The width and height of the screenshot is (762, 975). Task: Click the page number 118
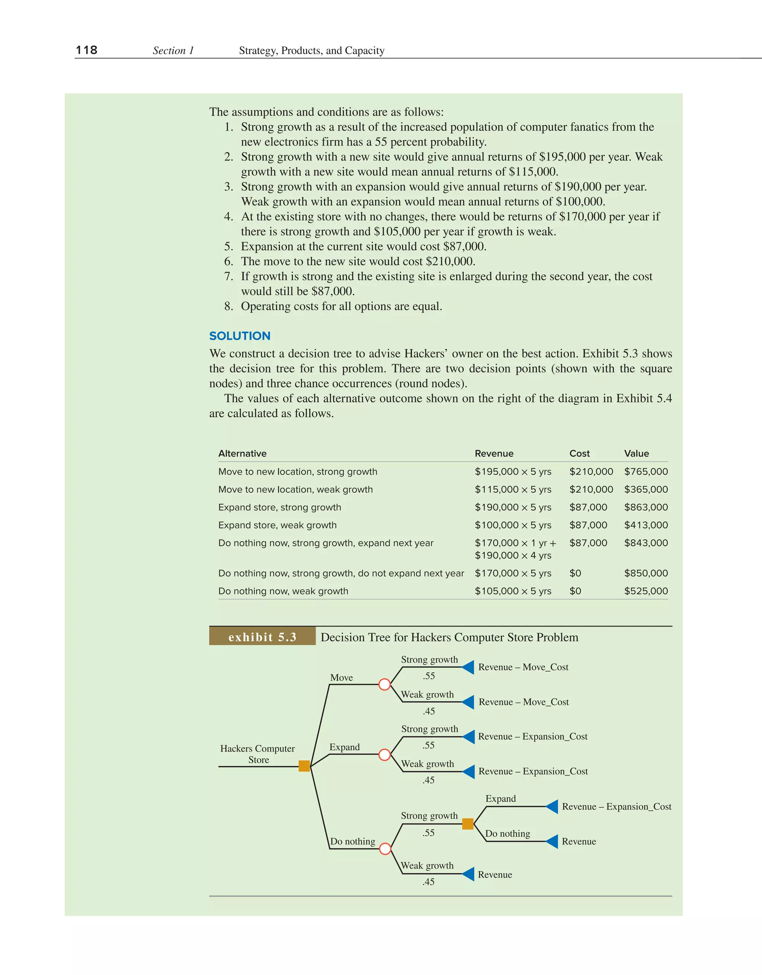(x=87, y=50)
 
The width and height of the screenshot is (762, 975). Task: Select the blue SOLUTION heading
(x=240, y=336)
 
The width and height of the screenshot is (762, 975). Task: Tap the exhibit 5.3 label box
(x=262, y=637)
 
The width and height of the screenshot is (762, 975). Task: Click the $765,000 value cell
(x=646, y=471)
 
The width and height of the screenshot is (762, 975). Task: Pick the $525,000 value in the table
(x=646, y=591)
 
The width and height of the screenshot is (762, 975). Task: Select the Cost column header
(x=579, y=453)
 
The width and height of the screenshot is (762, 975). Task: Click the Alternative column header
(x=242, y=453)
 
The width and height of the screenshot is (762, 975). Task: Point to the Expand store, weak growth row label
(x=277, y=525)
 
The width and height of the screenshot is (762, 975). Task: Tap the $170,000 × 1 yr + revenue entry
(x=515, y=543)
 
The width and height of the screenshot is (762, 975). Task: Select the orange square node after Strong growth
(x=467, y=824)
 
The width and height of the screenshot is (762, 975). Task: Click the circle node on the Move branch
(x=384, y=684)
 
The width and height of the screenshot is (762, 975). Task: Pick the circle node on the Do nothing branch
(x=385, y=849)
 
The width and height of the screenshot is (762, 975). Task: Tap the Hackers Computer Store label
(x=257, y=754)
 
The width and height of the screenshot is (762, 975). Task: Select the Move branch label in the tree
(x=341, y=677)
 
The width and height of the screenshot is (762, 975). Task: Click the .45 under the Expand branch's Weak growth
(x=428, y=780)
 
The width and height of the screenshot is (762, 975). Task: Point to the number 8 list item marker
(x=228, y=306)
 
